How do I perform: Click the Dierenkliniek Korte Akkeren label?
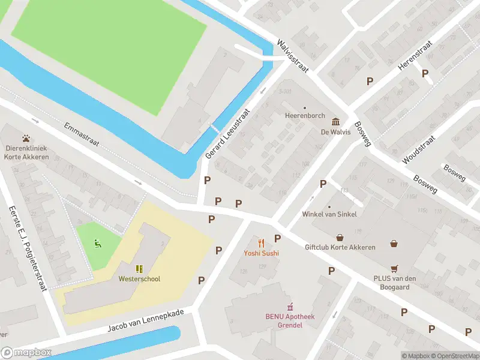point(26,152)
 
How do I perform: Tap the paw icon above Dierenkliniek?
point(26,139)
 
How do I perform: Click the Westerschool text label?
point(139,278)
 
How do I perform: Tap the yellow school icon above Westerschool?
point(139,268)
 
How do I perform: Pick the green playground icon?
point(97,243)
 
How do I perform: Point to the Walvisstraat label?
point(292,56)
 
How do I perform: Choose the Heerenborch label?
point(305,115)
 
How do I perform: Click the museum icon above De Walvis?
point(335,122)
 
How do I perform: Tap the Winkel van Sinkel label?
point(330,214)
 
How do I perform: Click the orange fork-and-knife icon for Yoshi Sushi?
point(261,243)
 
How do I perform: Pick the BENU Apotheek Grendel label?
point(290,320)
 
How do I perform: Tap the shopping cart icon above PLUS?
point(394,268)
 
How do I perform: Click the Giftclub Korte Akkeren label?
point(340,247)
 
